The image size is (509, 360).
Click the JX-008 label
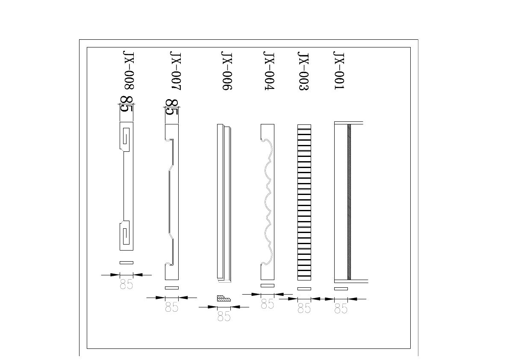pos(128,70)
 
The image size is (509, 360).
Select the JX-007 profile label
pos(175,71)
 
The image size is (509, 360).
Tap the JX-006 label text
pos(226,71)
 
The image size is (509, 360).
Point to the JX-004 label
pos(269,71)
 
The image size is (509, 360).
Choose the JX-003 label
pos(303,71)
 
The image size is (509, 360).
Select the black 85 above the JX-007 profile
pos(172,107)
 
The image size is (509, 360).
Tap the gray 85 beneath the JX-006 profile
pos(224,316)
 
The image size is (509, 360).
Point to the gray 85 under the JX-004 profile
pos(268,304)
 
